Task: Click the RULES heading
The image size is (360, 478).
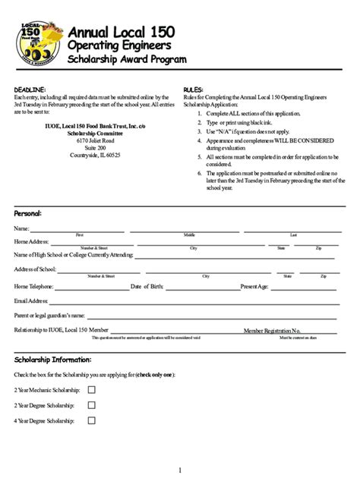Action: tap(194, 90)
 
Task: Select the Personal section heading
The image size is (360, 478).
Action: tap(28, 213)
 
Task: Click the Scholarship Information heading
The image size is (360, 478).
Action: tap(53, 359)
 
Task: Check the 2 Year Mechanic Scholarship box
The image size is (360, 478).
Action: tap(92, 389)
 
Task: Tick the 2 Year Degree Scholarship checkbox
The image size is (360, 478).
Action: tap(92, 404)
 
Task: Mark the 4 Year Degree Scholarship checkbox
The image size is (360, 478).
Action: tap(92, 420)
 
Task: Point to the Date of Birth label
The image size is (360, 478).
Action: tap(169, 287)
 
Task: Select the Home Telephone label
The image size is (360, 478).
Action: tap(34, 287)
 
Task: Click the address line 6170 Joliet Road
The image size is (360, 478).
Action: tap(95, 140)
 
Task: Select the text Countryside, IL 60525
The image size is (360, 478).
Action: tap(95, 154)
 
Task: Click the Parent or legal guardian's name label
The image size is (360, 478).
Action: tap(50, 315)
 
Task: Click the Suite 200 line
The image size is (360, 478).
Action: tap(95, 147)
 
